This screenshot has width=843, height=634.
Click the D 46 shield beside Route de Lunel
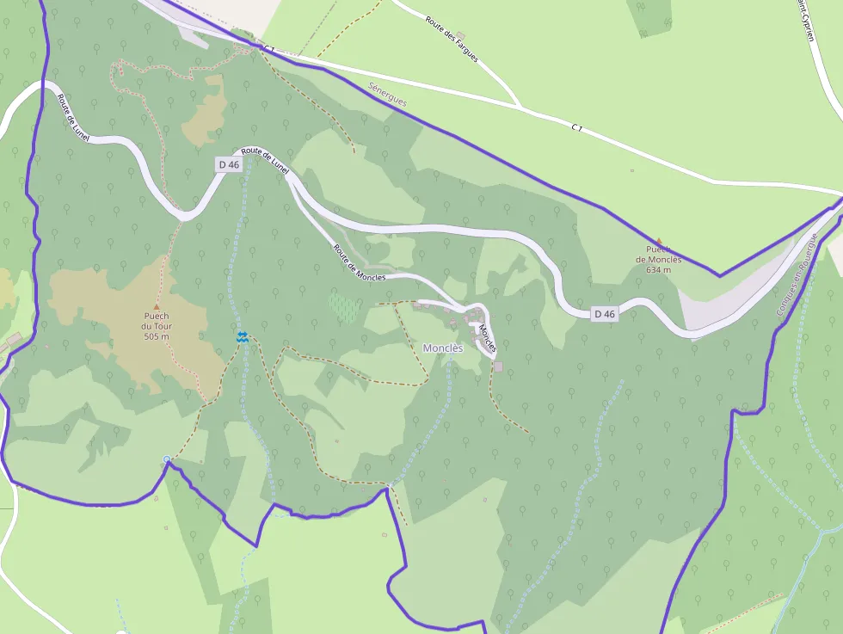point(228,164)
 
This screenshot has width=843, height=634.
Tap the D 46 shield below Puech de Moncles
point(605,314)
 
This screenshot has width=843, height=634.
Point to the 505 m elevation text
point(157,336)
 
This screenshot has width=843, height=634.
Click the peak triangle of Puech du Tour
point(157,306)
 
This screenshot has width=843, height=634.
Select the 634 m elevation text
point(659,269)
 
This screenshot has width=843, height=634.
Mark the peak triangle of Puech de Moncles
point(659,241)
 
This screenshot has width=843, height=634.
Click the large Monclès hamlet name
point(443,348)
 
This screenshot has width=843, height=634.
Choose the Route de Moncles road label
point(360,263)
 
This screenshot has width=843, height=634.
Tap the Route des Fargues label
point(452,39)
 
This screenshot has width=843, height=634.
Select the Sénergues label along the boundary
point(387,95)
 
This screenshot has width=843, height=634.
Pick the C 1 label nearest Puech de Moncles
point(577,128)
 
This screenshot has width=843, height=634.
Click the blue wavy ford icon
point(243,337)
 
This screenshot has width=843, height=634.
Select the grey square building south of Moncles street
point(498,367)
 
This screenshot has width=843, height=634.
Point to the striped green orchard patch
point(344,307)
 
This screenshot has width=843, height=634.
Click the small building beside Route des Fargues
point(460,36)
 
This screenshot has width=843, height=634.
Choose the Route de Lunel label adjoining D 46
point(266,160)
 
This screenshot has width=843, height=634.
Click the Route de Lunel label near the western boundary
point(73,118)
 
